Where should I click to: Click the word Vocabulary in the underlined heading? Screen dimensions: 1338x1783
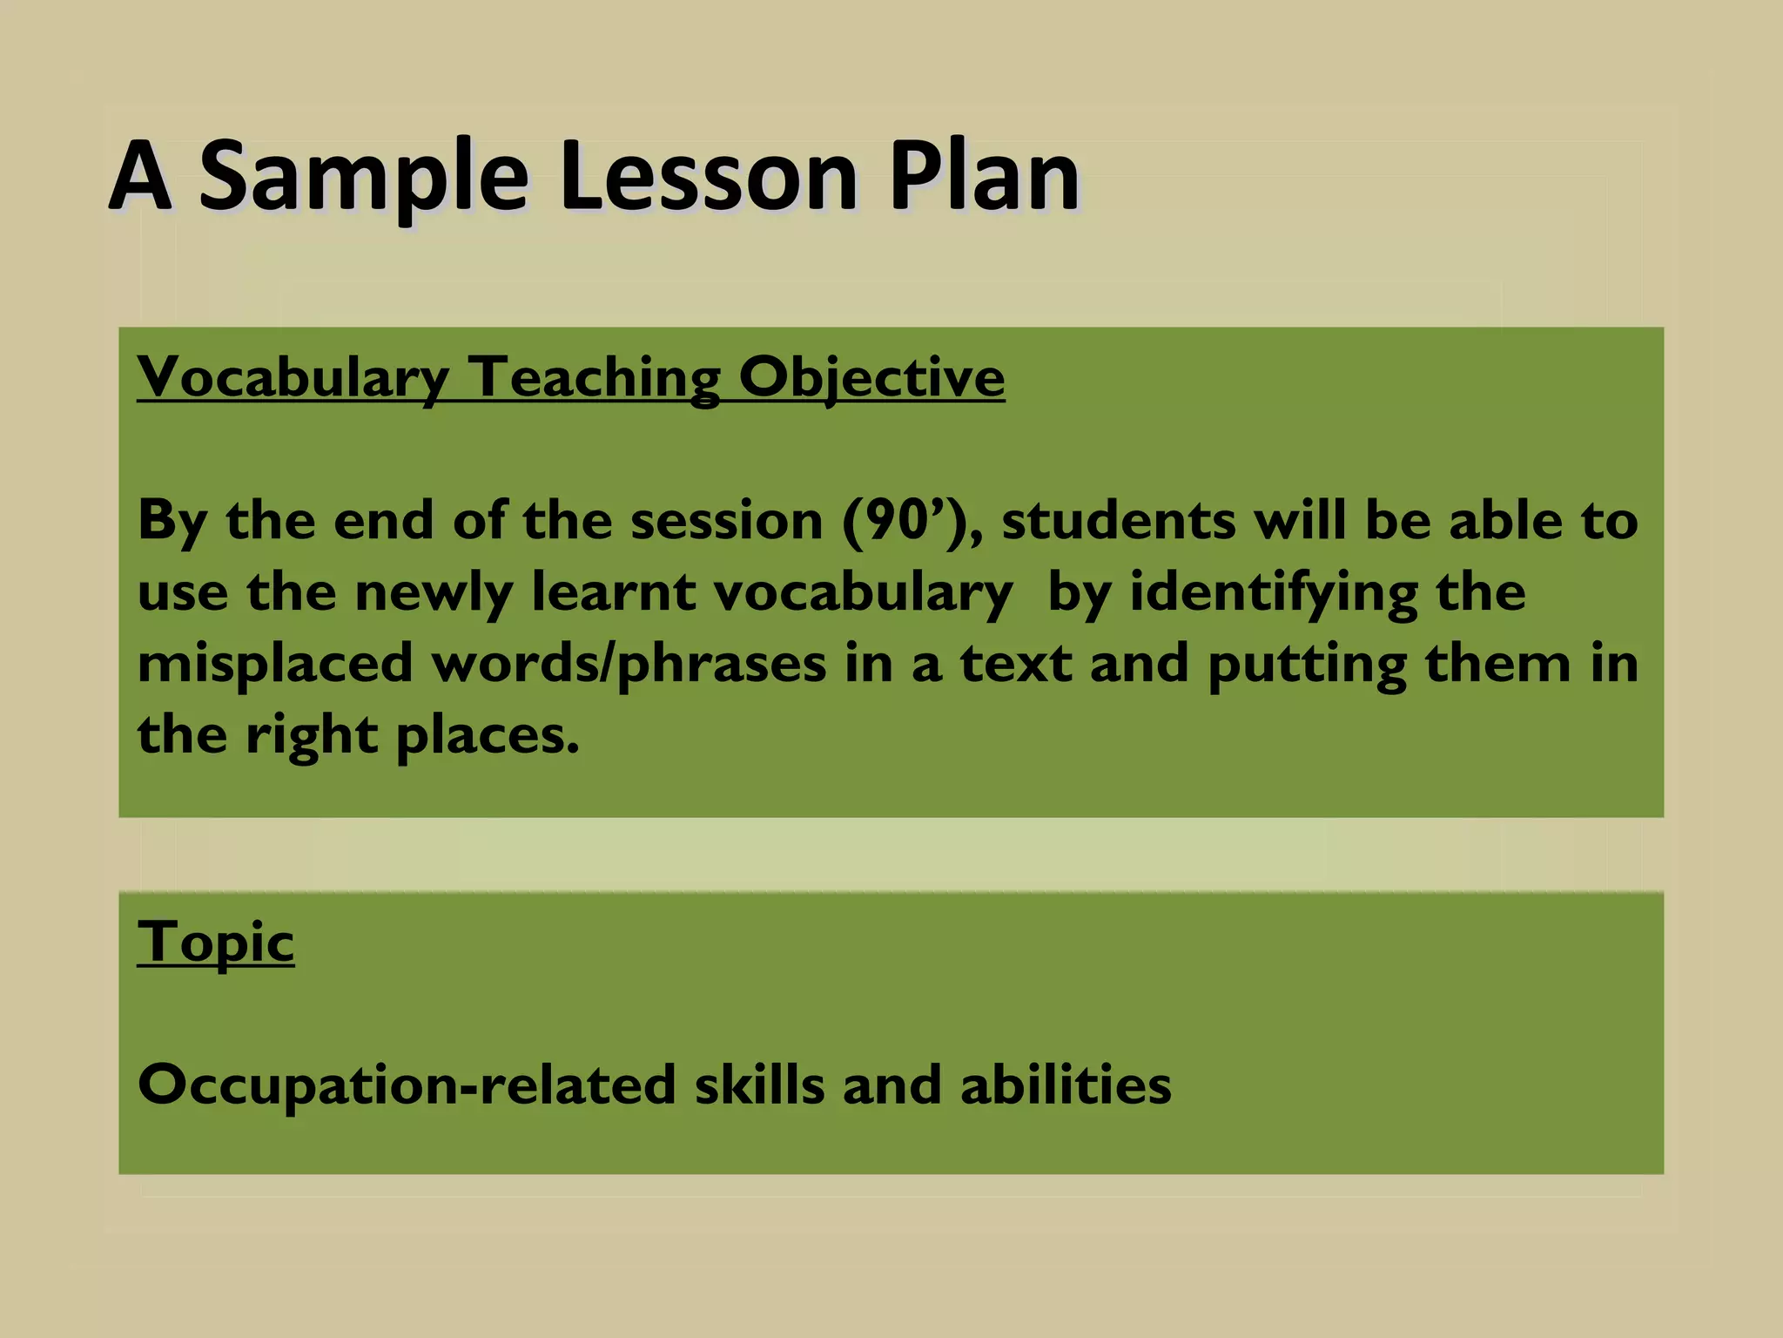(293, 378)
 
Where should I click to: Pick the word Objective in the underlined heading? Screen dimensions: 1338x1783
(871, 378)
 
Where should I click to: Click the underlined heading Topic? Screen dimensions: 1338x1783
(216, 943)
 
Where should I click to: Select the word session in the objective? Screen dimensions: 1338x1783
(726, 521)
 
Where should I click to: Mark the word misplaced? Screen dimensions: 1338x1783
(275, 665)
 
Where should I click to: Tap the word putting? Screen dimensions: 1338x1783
(1307, 665)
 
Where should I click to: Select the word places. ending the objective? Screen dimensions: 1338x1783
(488, 736)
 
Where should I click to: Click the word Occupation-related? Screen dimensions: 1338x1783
(407, 1085)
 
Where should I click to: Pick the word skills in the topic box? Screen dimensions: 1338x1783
(759, 1085)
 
